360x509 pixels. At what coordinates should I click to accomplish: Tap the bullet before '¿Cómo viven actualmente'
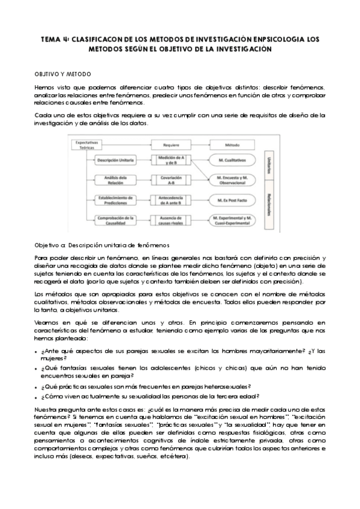pyautogui.click(x=37, y=397)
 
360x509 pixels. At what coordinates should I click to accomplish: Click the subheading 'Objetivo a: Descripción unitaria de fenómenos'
pyautogui.click(x=103, y=245)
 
